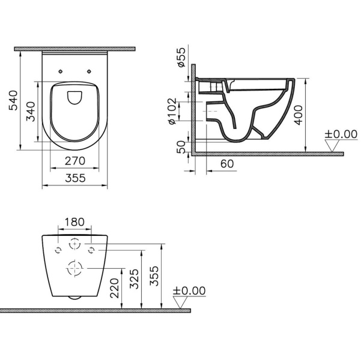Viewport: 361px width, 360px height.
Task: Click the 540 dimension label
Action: pos(13,100)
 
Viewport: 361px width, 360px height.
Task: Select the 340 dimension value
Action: pos(31,112)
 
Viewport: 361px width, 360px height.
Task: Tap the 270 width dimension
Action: pos(75,161)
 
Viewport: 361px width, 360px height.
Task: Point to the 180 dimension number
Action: pos(74,222)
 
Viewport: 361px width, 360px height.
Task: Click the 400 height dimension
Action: pos(299,115)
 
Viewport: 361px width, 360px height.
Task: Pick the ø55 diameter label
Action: pos(181,57)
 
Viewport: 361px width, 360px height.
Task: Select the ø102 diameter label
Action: pos(172,112)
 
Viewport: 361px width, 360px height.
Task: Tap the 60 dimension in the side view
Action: pos(227,164)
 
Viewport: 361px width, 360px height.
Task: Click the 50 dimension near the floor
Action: pos(181,147)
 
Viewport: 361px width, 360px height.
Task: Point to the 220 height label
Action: pos(114,288)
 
